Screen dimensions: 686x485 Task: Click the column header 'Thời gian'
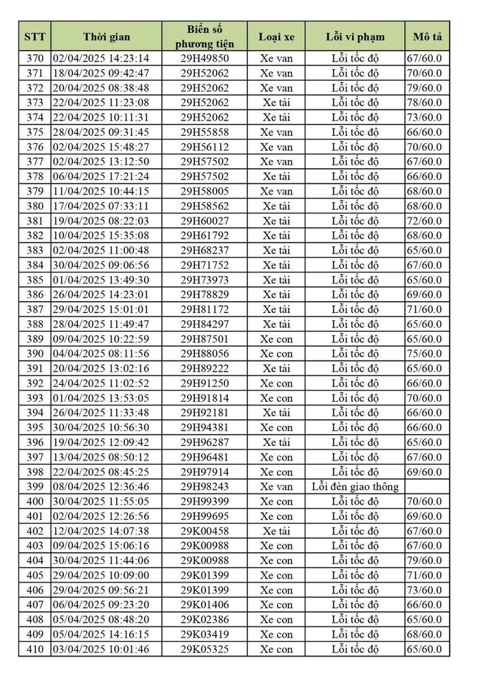[x=106, y=37]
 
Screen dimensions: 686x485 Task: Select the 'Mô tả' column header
[x=427, y=37]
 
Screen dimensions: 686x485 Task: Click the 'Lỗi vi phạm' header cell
[x=355, y=37]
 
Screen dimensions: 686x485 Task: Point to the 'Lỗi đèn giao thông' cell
[x=355, y=486]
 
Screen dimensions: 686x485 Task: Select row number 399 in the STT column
[x=35, y=486]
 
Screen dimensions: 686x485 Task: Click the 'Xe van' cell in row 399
[x=276, y=486]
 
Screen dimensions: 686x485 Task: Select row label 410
[x=35, y=649]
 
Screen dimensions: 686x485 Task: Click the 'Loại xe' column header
[x=276, y=37]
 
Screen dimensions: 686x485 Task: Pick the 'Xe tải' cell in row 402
[x=276, y=530]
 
